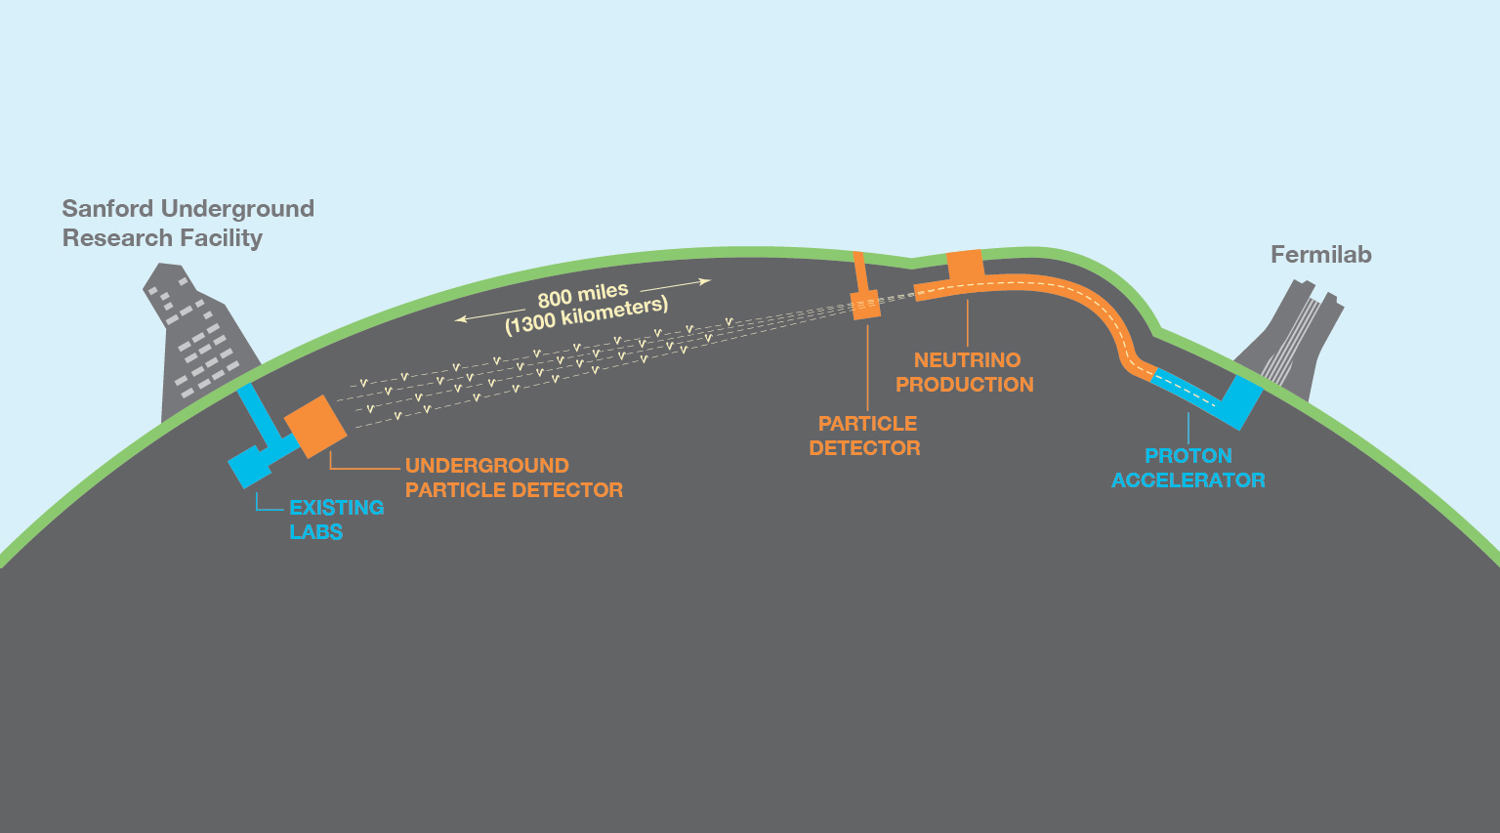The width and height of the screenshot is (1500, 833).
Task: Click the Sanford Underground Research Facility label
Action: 187,224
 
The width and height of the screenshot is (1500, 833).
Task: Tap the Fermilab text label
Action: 1320,255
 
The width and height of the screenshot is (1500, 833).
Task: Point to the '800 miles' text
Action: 583,295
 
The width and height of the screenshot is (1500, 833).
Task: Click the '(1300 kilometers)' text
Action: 586,315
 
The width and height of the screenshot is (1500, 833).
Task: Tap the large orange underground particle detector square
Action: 315,427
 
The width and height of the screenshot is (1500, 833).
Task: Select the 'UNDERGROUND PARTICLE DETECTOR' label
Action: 514,478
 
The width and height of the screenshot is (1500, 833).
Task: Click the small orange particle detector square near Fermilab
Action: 865,305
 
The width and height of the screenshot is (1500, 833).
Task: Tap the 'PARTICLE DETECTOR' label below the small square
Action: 865,436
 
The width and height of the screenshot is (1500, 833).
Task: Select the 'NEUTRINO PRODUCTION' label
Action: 965,372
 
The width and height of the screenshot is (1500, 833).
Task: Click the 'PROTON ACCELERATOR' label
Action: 1188,468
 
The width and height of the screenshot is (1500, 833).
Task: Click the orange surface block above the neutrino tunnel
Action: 965,264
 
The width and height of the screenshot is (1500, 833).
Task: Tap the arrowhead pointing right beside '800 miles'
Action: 705,281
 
